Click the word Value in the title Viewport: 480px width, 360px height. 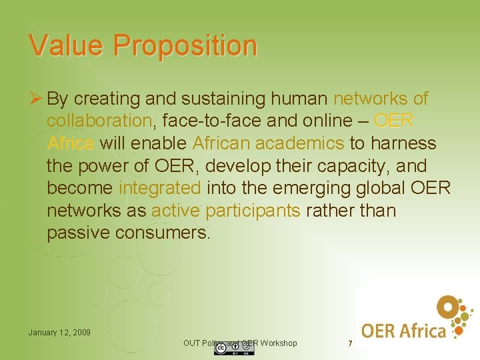[x=65, y=45]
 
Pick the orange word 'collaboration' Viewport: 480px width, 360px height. [x=99, y=121]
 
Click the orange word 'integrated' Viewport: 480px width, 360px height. [x=159, y=189]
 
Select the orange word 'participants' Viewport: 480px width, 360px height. [x=253, y=211]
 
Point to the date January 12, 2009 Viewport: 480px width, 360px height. [x=59, y=332]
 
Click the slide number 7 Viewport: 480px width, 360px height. [x=350, y=343]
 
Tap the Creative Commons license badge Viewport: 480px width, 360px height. [x=225, y=349]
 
